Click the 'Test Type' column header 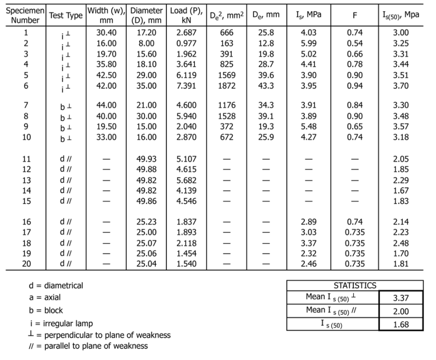[x=66, y=16]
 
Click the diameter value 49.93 [x=145, y=159]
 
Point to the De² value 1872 [x=227, y=85]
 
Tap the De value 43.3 [x=266, y=85]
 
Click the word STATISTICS [x=355, y=286]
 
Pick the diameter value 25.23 [x=145, y=222]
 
